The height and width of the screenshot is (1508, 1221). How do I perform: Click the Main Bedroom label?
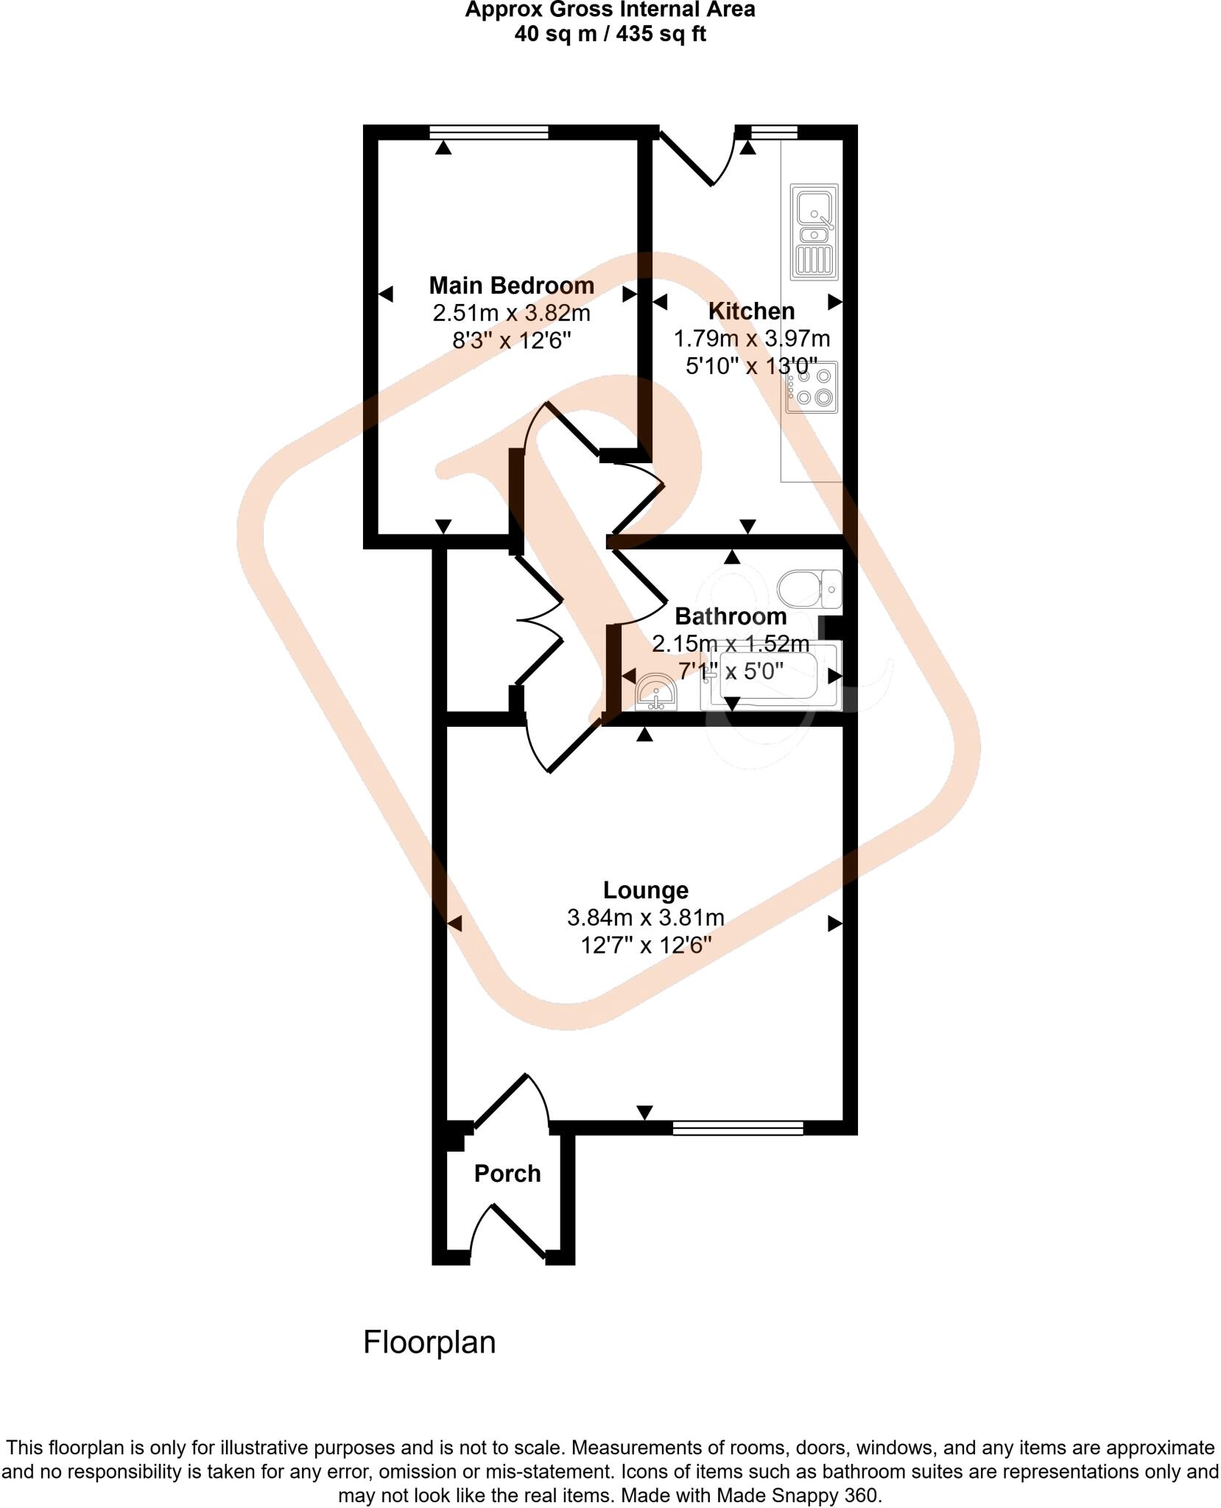point(511,285)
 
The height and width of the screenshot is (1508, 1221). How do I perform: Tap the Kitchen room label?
point(751,311)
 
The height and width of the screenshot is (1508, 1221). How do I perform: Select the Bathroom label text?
point(730,616)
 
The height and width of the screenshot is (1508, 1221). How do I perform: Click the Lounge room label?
point(645,890)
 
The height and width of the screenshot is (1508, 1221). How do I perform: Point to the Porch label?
point(507,1173)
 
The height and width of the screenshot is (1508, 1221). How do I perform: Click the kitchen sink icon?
point(814,231)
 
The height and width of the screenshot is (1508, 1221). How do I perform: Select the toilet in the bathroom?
point(810,588)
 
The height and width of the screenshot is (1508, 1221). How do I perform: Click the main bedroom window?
point(489,132)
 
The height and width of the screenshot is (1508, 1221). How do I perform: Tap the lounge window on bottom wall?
point(737,1128)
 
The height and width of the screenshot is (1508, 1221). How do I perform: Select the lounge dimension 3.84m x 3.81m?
point(645,918)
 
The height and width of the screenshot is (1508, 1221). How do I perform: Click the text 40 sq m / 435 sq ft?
point(610,34)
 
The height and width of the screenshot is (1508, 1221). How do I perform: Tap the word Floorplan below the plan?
point(429,1343)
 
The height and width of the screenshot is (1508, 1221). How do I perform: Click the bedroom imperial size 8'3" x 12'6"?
point(511,341)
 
